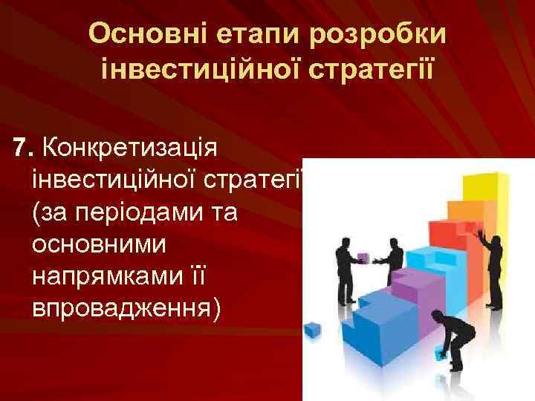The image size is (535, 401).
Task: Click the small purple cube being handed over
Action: point(363,257)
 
